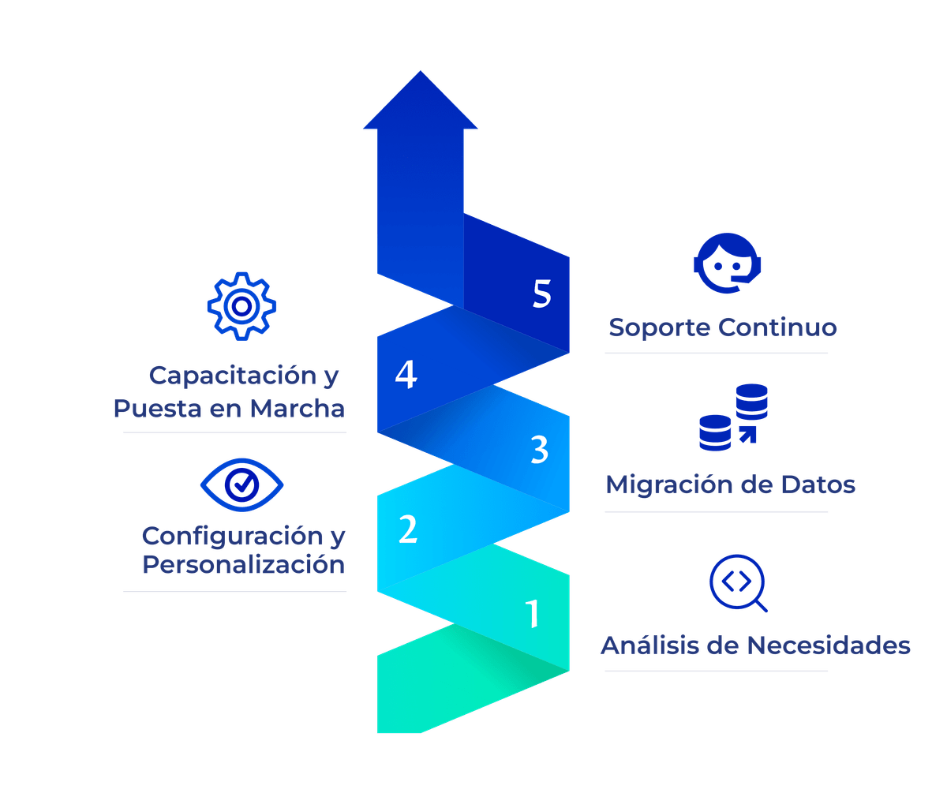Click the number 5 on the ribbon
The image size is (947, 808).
tap(541, 294)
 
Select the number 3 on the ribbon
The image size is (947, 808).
tap(540, 451)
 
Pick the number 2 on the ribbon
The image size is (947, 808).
tap(407, 529)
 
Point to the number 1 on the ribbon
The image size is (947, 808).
tap(533, 614)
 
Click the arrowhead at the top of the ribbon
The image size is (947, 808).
tap(420, 101)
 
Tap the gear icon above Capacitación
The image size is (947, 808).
tap(242, 305)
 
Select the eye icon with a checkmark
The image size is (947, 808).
tap(241, 482)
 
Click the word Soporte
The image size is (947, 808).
tap(659, 327)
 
